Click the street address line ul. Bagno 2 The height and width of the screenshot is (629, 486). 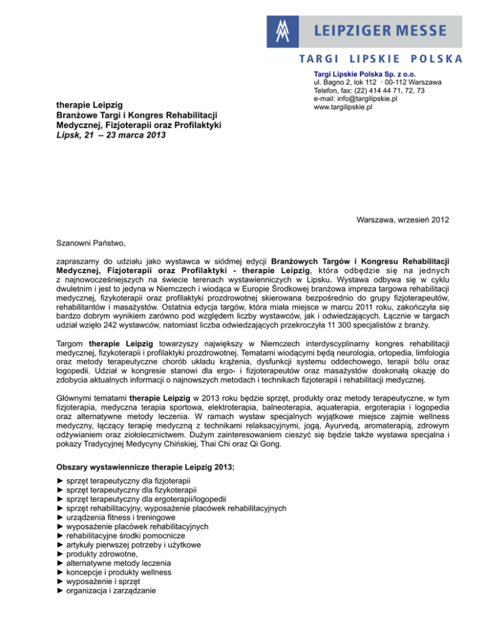click(x=377, y=82)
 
